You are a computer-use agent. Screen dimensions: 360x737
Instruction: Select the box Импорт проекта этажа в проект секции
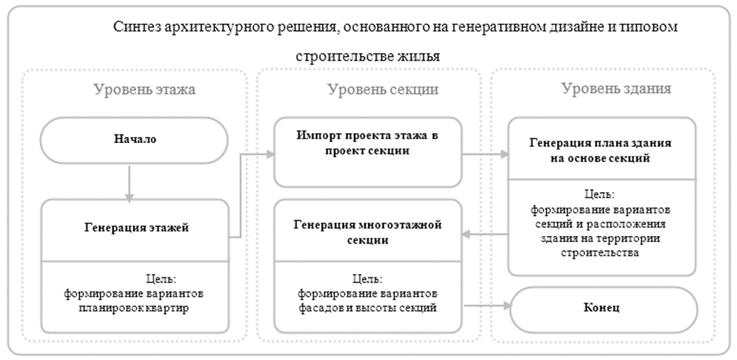[x=367, y=151]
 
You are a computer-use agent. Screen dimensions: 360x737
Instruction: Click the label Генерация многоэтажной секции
[x=367, y=232]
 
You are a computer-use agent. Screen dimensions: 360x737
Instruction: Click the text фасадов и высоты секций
[x=368, y=308]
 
